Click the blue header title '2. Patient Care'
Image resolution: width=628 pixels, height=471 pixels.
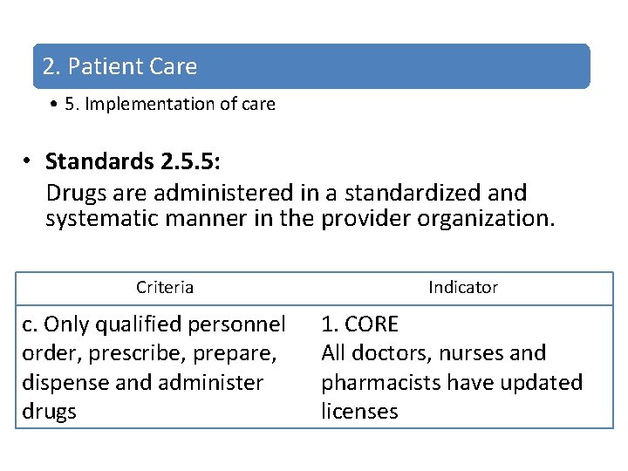(119, 66)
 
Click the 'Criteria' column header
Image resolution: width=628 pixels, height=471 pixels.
(165, 287)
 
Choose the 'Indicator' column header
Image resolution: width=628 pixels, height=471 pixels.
(463, 287)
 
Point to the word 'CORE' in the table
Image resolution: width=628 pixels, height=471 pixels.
(372, 324)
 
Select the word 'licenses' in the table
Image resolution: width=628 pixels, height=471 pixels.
(359, 412)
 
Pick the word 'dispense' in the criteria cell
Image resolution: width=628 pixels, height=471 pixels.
(60, 383)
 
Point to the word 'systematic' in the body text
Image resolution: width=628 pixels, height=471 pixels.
(102, 218)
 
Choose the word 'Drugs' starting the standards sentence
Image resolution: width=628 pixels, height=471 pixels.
(76, 192)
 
